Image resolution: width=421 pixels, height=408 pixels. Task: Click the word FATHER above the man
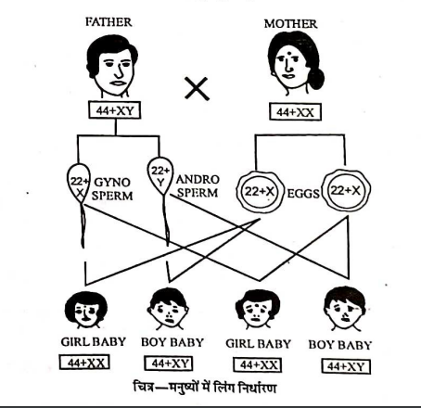point(108,22)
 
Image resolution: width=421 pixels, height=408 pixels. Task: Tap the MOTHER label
point(290,24)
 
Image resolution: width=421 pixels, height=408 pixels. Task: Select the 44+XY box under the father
point(115,110)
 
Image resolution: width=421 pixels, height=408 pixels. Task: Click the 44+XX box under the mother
point(295,112)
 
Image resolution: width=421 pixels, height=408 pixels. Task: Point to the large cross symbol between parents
point(197,88)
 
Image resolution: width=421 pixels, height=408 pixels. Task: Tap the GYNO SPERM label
point(112,189)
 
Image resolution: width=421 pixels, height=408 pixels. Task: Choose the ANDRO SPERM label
point(198,185)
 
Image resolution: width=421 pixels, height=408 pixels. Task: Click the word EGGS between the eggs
point(303,194)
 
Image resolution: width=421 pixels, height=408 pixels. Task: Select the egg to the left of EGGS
point(260,192)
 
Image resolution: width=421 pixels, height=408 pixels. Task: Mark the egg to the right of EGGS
point(346,190)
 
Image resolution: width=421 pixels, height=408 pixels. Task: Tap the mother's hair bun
point(316,79)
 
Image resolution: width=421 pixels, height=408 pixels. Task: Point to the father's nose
point(120,72)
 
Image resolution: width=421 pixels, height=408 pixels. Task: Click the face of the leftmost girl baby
point(86,311)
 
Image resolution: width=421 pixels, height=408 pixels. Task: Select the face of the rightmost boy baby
point(345,309)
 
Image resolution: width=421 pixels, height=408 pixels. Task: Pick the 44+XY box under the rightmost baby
point(346,366)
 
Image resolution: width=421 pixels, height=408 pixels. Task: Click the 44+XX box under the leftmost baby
point(84,363)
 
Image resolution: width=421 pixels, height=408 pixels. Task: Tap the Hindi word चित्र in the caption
point(144,387)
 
